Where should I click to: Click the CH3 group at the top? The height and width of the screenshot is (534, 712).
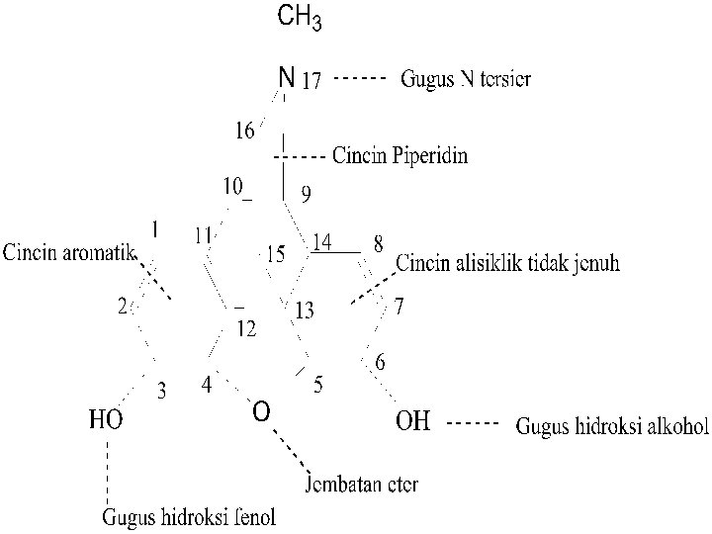tap(300, 18)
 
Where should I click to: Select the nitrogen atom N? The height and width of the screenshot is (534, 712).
tap(286, 77)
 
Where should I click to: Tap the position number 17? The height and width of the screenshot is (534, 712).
tap(311, 82)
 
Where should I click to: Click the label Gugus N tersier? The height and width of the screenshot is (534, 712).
tap(465, 79)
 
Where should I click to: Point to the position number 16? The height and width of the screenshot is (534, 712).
tap(244, 130)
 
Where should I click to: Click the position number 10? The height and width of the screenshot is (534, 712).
tap(232, 185)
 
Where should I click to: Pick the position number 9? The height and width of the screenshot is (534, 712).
tap(306, 195)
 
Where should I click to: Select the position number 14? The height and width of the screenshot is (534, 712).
tap(322, 241)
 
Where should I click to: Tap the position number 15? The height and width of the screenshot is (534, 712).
tap(276, 255)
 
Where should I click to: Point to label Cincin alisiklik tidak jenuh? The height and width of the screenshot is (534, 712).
tap(508, 264)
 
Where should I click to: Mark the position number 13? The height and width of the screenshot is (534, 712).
tap(305, 311)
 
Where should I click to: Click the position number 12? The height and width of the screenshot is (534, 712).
tap(245, 329)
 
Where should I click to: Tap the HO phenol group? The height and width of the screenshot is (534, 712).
tap(106, 421)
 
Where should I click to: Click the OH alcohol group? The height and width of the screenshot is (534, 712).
tap(413, 422)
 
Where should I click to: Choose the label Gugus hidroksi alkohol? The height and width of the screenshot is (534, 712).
tap(613, 427)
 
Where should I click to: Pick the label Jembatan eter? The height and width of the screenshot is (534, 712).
tap(361, 485)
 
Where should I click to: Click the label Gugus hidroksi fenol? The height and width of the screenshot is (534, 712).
tap(190, 516)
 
